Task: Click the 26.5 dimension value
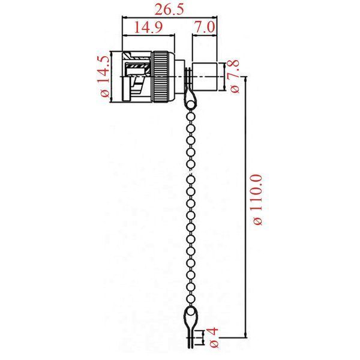click(x=169, y=10)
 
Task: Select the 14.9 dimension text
click(x=148, y=27)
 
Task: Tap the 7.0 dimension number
click(x=205, y=26)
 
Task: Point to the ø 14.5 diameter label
click(x=104, y=77)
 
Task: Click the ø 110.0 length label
click(x=256, y=200)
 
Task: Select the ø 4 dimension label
click(x=213, y=338)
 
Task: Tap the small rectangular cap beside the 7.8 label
click(x=205, y=76)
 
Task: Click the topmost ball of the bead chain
click(x=190, y=105)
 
